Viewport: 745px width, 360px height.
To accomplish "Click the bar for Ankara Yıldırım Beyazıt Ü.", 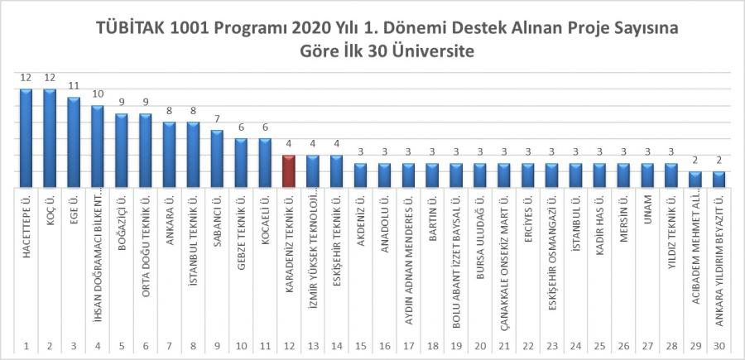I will click(719, 180).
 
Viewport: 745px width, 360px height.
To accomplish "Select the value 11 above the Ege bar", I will click(74, 85).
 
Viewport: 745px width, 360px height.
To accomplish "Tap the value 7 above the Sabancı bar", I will click(217, 118).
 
